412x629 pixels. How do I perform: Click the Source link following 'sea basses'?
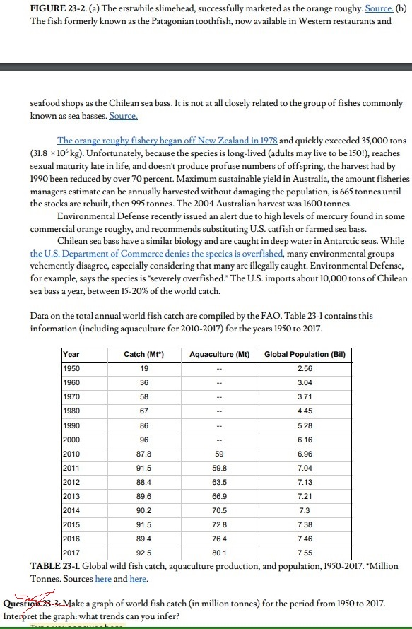tap(124, 116)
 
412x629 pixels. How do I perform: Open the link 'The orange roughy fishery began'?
tap(167, 141)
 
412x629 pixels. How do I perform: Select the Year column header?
tap(71, 353)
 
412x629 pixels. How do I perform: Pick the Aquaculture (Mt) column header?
tap(219, 353)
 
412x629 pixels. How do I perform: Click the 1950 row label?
tap(72, 368)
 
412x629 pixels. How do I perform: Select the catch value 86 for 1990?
tap(143, 427)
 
